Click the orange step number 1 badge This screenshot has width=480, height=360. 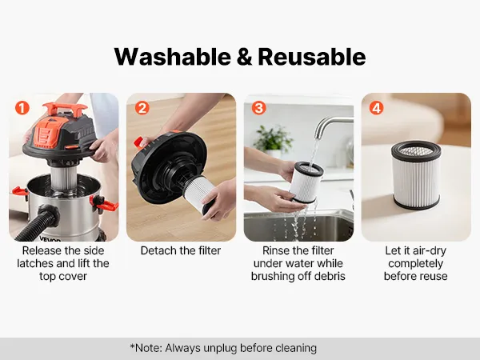click(22, 108)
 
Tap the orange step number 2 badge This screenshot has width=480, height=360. click(142, 108)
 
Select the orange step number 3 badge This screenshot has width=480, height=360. click(259, 108)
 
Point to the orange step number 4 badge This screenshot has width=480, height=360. click(376, 108)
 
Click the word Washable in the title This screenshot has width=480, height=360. click(173, 57)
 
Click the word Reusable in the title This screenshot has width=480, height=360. click(312, 57)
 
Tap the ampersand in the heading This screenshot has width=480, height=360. click(245, 58)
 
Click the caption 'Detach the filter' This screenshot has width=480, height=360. click(181, 250)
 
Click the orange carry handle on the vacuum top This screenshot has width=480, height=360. click(65, 109)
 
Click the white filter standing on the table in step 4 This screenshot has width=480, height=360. click(416, 175)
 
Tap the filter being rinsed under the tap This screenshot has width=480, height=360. click(306, 182)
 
